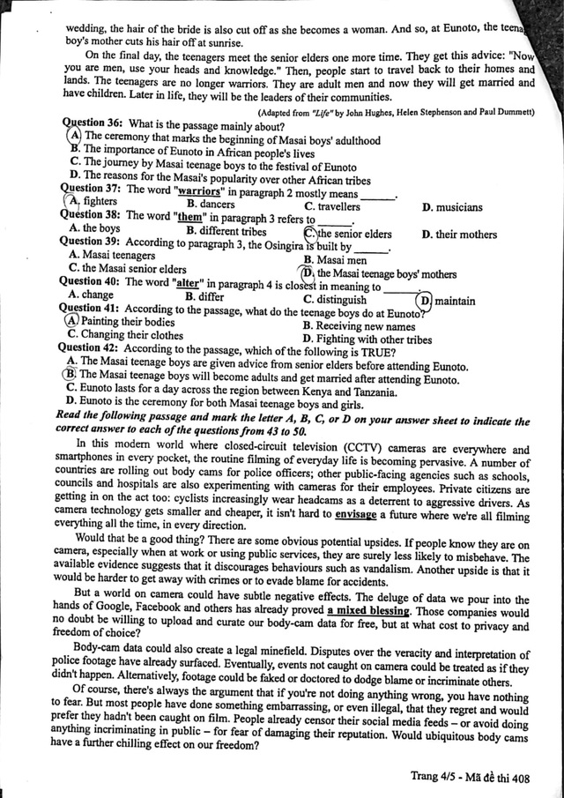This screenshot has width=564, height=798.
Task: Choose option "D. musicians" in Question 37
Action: [452, 207]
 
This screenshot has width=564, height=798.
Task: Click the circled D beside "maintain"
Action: [424, 301]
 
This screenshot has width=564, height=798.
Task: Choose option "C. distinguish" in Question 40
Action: [335, 299]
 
